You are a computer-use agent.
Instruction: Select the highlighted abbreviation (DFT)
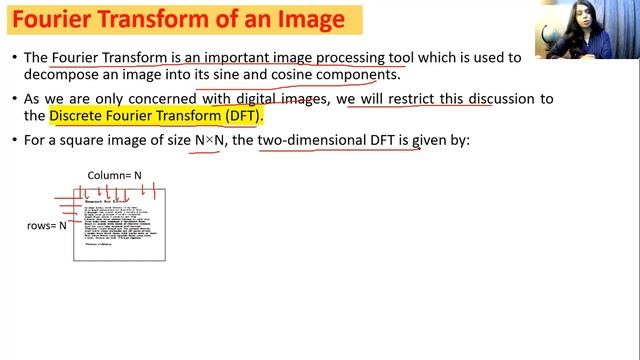pos(241,117)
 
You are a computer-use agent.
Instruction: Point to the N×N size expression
pos(210,141)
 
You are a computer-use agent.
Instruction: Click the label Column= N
pos(114,176)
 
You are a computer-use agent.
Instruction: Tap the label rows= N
pos(47,226)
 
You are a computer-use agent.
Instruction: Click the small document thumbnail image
pos(119,225)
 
